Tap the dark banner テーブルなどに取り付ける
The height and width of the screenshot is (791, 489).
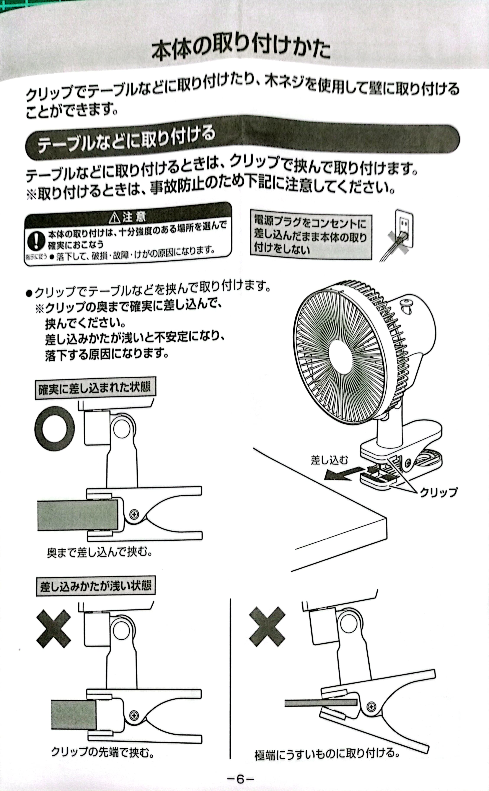tap(126, 142)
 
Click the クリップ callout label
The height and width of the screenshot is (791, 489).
tap(438, 492)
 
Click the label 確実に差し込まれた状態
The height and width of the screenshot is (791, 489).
tap(95, 387)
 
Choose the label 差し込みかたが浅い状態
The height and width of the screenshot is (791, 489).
tap(95, 585)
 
